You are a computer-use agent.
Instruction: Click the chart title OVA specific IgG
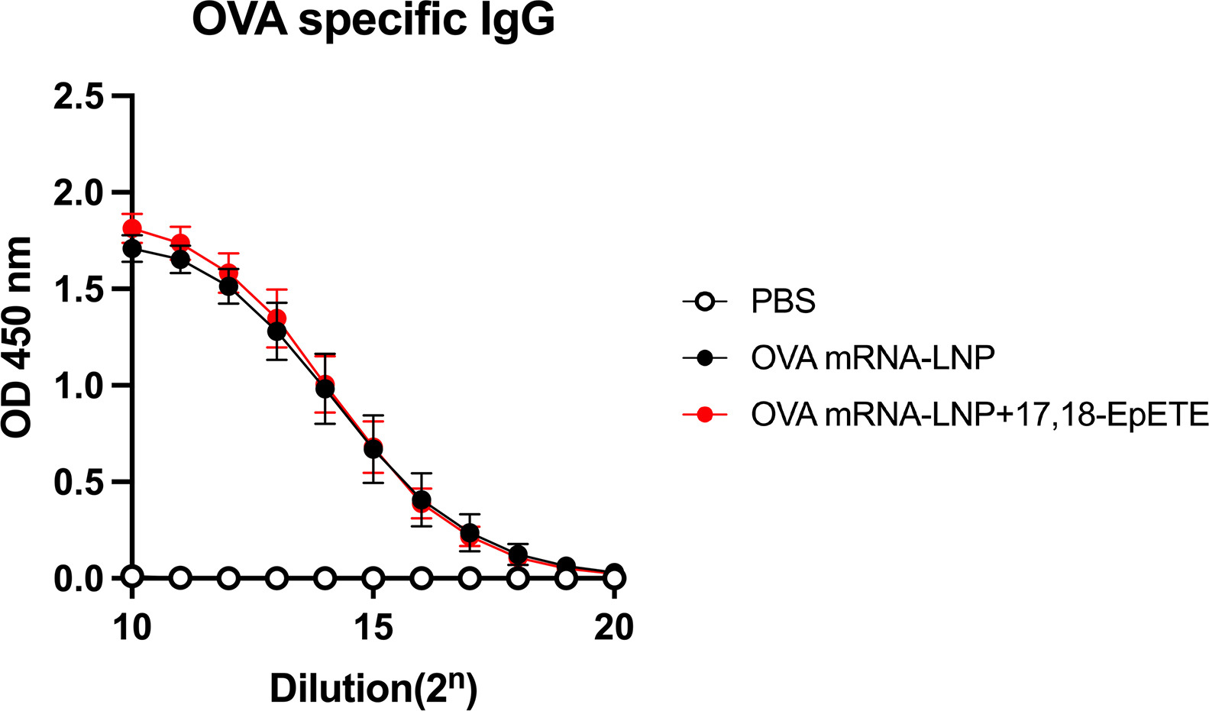373,21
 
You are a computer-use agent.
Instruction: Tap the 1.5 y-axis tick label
79,289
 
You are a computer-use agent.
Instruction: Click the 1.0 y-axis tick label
79,386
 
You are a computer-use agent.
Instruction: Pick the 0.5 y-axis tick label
79,482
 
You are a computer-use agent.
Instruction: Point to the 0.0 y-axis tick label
79,579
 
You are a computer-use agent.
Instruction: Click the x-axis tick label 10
132,628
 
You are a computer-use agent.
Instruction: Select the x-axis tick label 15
373,628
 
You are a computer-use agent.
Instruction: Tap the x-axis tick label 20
614,628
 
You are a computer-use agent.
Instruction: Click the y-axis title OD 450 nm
18,337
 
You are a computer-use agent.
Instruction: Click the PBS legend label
783,302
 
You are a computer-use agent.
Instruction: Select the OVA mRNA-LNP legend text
872,358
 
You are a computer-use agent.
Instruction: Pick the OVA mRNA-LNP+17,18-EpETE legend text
980,414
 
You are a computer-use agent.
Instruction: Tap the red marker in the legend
705,414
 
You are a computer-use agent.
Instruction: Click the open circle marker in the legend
705,302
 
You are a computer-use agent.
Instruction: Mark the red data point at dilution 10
132,228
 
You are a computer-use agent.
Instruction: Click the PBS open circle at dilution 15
373,578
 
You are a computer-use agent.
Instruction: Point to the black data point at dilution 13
276,331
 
